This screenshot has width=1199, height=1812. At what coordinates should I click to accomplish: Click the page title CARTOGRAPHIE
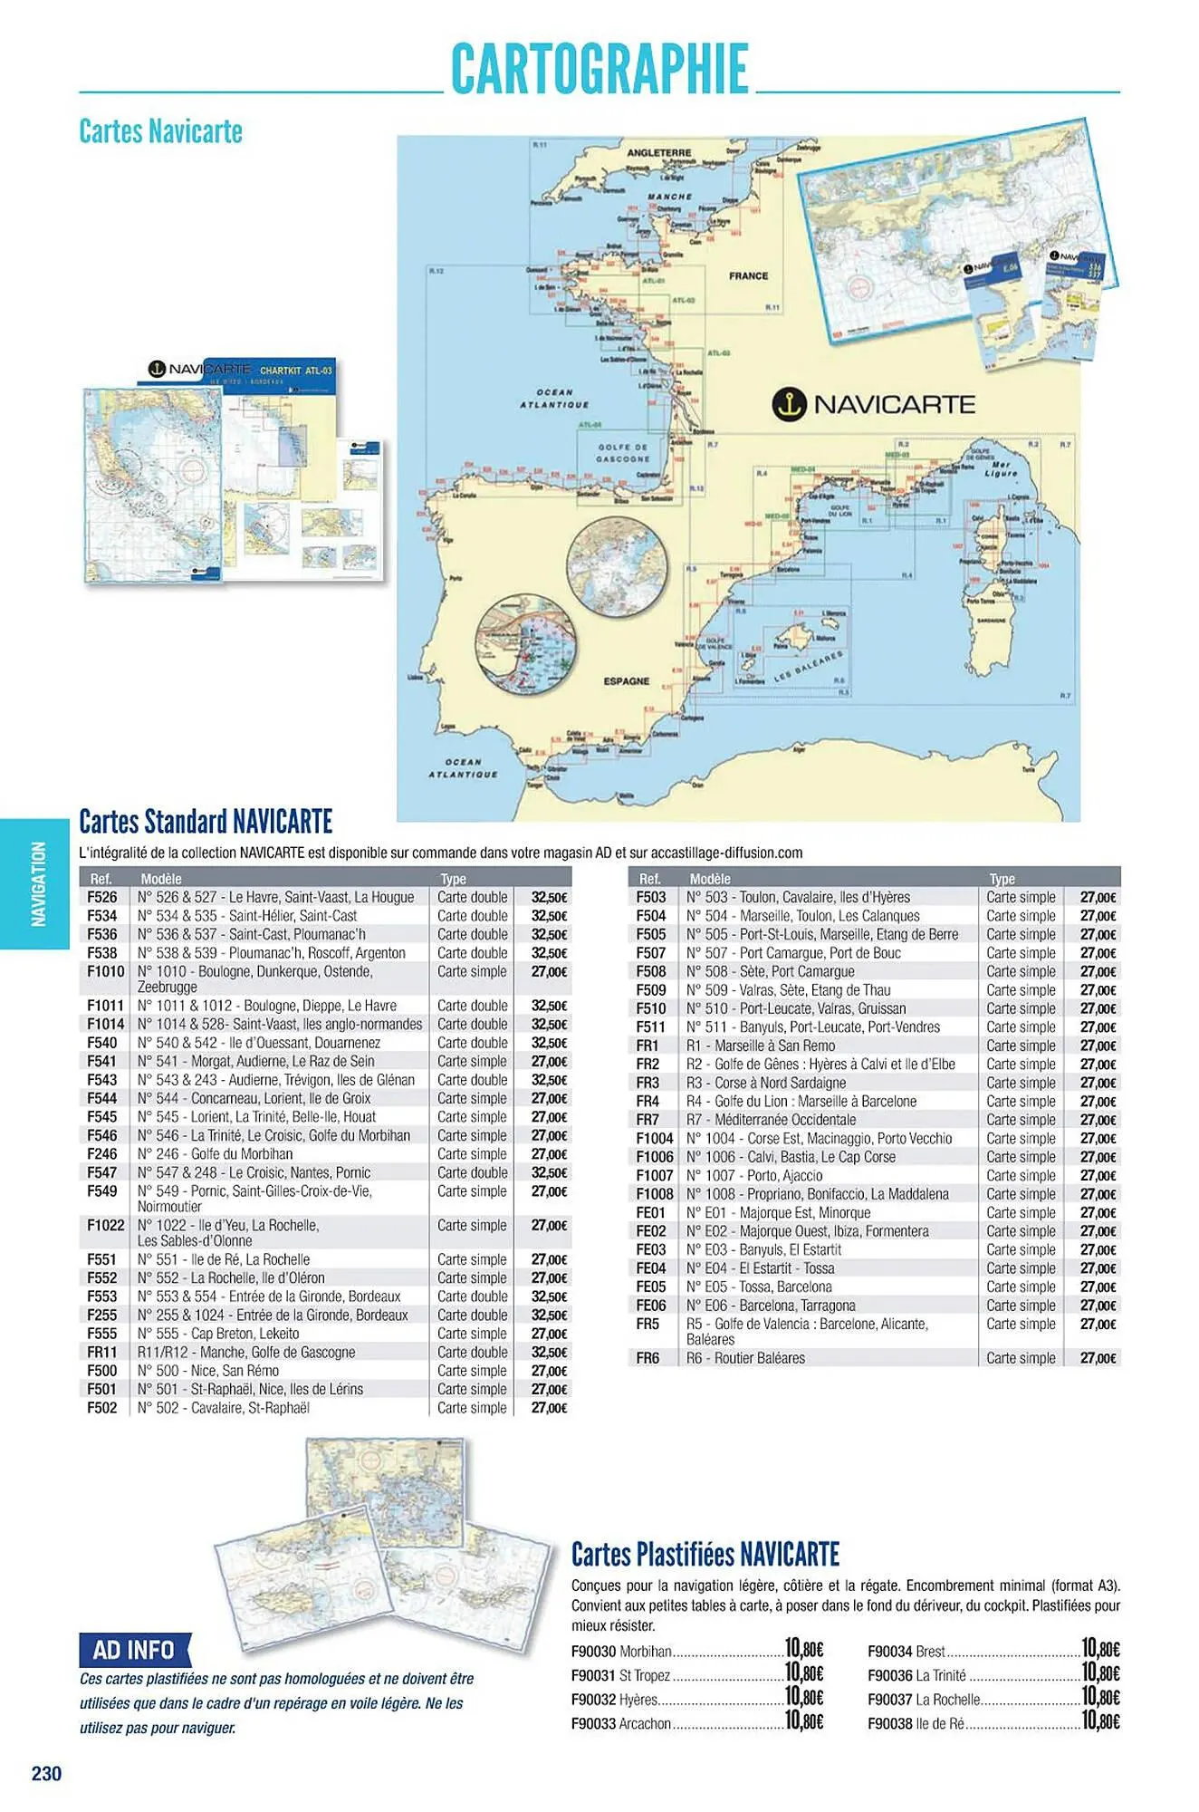pos(599,69)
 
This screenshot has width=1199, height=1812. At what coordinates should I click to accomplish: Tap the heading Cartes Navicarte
pos(160,131)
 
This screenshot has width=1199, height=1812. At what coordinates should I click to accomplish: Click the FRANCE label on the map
pos(748,275)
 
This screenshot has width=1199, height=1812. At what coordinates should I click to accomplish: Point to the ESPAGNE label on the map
pos(627,680)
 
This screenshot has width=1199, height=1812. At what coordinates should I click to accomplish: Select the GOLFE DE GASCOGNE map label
pos(623,453)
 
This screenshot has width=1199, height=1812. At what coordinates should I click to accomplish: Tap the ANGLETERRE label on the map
pos(658,152)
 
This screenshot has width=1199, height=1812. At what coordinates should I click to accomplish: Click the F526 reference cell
pos(102,897)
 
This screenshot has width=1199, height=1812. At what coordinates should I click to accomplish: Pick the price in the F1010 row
pos(549,972)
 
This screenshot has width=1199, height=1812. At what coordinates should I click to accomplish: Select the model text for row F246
pos(216,1154)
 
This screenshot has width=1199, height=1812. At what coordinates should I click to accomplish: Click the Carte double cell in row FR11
pos(472,1352)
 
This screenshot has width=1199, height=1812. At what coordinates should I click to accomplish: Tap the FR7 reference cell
pos(647,1120)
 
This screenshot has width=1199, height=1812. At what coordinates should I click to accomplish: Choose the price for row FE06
pos(1098,1306)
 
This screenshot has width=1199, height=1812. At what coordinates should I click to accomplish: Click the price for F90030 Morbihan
pos(803,1648)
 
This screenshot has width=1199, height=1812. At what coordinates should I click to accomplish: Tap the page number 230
pos(46,1773)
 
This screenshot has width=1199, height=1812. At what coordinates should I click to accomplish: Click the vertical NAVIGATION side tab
pos(37,883)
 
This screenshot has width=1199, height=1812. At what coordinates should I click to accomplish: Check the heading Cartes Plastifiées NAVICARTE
pos(705,1555)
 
